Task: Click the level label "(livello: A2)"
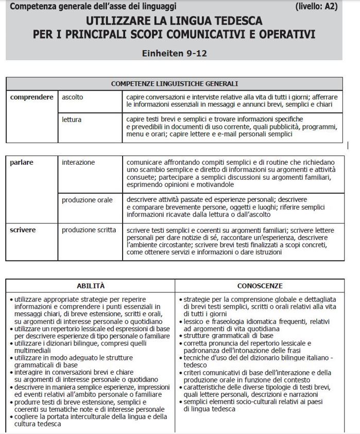(x=317, y=7)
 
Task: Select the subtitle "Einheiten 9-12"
(x=174, y=53)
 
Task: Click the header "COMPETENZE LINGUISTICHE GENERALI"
(x=174, y=84)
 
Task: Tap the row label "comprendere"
(x=31, y=97)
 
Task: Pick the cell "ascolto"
(x=72, y=97)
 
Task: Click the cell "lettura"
(x=72, y=120)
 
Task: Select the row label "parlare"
(x=22, y=162)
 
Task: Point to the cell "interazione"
(x=78, y=162)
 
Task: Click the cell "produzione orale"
(x=87, y=200)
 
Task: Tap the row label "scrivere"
(x=23, y=230)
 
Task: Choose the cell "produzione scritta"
(x=89, y=230)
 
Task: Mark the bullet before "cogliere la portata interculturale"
(x=11, y=416)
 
